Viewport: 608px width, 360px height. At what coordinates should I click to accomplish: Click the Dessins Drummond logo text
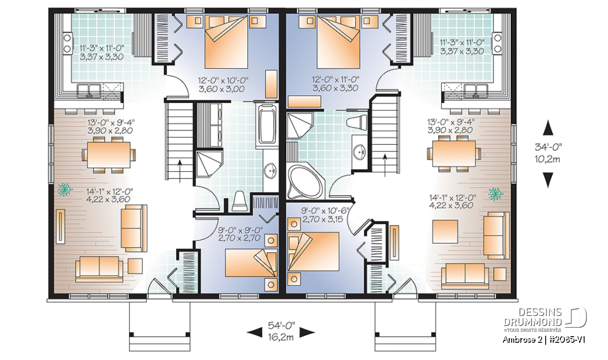click(533, 317)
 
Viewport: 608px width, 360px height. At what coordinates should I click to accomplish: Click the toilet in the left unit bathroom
click(239, 201)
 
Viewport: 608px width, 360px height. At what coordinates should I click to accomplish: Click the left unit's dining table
click(108, 155)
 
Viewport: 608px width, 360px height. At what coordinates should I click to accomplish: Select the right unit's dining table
click(453, 153)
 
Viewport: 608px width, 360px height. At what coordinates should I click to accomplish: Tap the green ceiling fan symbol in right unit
click(496, 194)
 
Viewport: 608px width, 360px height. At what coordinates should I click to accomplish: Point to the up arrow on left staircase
click(179, 171)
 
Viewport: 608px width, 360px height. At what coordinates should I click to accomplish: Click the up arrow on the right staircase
click(385, 165)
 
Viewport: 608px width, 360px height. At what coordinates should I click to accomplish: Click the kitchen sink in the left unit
click(89, 90)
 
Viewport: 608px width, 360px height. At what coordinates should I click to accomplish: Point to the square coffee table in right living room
click(445, 232)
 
